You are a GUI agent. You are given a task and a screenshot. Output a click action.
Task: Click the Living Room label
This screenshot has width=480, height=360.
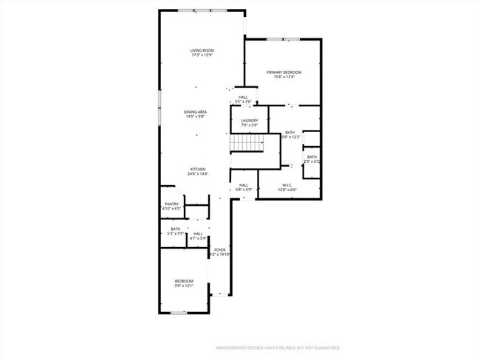202,50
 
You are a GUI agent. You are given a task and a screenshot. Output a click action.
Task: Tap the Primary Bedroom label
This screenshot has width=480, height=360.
284,72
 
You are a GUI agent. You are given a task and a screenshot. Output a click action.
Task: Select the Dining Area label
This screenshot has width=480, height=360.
196,112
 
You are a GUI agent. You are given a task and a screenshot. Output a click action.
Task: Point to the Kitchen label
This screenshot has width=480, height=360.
197,169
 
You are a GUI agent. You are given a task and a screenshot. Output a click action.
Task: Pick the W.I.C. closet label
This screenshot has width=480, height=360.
287,184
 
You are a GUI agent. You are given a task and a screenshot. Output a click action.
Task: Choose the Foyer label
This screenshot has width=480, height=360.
220,250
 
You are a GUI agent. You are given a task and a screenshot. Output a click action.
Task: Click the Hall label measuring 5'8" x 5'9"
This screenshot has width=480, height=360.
243,185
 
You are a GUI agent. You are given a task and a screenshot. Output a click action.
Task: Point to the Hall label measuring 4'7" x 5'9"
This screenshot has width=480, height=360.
198,234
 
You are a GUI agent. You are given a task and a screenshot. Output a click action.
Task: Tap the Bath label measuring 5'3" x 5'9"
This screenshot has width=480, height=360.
175,229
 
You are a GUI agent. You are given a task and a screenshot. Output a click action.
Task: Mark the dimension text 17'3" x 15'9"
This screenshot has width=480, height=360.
202,55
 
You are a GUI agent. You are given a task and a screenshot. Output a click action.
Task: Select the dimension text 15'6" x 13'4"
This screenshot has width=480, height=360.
284,77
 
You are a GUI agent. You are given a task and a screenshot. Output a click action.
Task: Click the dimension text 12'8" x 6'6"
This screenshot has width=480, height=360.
287,190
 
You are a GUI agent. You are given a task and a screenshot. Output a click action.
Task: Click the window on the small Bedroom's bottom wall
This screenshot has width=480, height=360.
178,313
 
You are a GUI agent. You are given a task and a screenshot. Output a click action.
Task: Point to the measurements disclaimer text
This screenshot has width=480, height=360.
277,347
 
